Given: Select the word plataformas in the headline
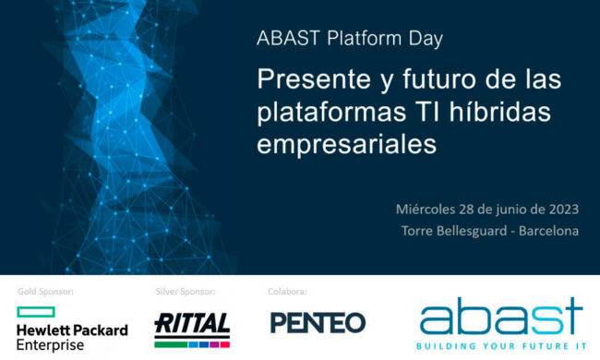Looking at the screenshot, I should (x=330, y=114).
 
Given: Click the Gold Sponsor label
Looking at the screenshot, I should (x=46, y=292).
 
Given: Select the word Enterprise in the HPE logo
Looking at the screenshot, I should (x=51, y=345).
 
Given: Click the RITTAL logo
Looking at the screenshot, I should (x=193, y=324).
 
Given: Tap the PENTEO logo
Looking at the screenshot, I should (x=318, y=323).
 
